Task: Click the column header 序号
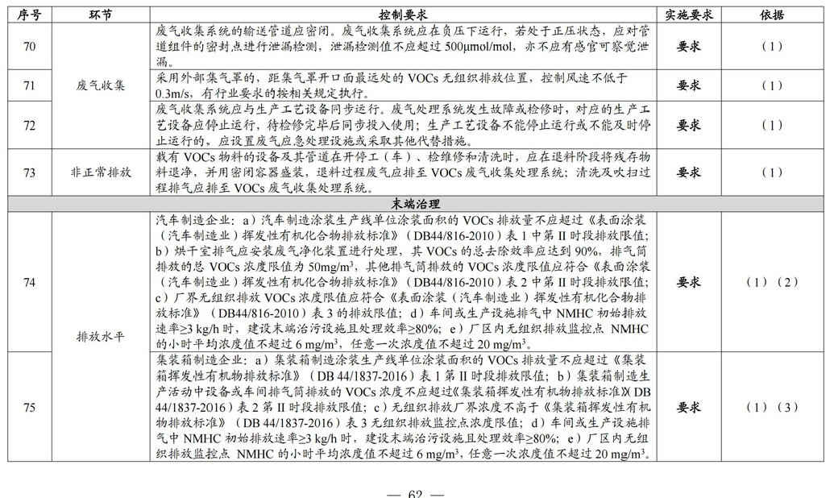click(30, 15)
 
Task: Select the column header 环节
click(101, 15)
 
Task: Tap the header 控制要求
click(403, 15)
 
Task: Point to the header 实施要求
click(688, 15)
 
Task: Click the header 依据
click(771, 15)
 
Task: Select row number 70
click(30, 46)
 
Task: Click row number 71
click(30, 85)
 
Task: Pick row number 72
click(30, 125)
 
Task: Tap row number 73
click(30, 172)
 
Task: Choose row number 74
click(30, 282)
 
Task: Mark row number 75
click(30, 408)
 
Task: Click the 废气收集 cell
click(101, 85)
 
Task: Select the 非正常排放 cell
click(101, 172)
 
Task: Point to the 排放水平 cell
click(101, 337)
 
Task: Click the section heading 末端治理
click(416, 204)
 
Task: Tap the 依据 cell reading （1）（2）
click(771, 282)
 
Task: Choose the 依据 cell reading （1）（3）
click(771, 408)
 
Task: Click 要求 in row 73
click(688, 172)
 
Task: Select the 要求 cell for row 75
click(688, 408)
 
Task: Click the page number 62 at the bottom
click(415, 493)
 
